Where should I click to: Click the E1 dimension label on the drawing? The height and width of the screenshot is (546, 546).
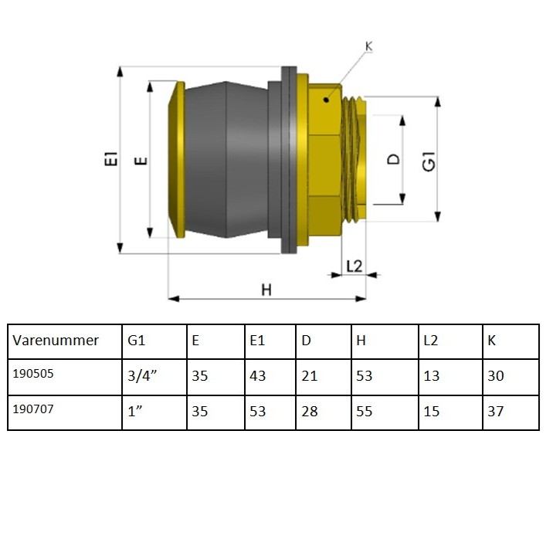(111, 160)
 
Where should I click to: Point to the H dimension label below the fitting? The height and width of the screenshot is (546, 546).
(266, 290)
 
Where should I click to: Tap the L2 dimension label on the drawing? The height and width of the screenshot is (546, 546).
(354, 266)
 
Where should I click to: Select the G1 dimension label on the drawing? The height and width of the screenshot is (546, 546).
(429, 161)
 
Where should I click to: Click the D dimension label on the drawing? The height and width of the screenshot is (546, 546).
(394, 160)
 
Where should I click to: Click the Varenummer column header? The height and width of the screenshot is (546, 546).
(56, 341)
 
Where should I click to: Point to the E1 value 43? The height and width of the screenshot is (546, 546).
(258, 377)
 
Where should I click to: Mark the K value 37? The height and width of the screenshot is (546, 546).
(495, 412)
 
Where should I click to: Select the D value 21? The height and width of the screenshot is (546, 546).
(310, 377)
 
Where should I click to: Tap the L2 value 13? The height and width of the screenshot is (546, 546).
(431, 377)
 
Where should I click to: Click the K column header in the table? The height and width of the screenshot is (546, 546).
(492, 341)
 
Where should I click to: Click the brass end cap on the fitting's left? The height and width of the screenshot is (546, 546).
(177, 160)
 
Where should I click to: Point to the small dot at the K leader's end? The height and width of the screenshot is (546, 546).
(327, 99)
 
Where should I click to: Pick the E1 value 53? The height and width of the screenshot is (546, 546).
(258, 412)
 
